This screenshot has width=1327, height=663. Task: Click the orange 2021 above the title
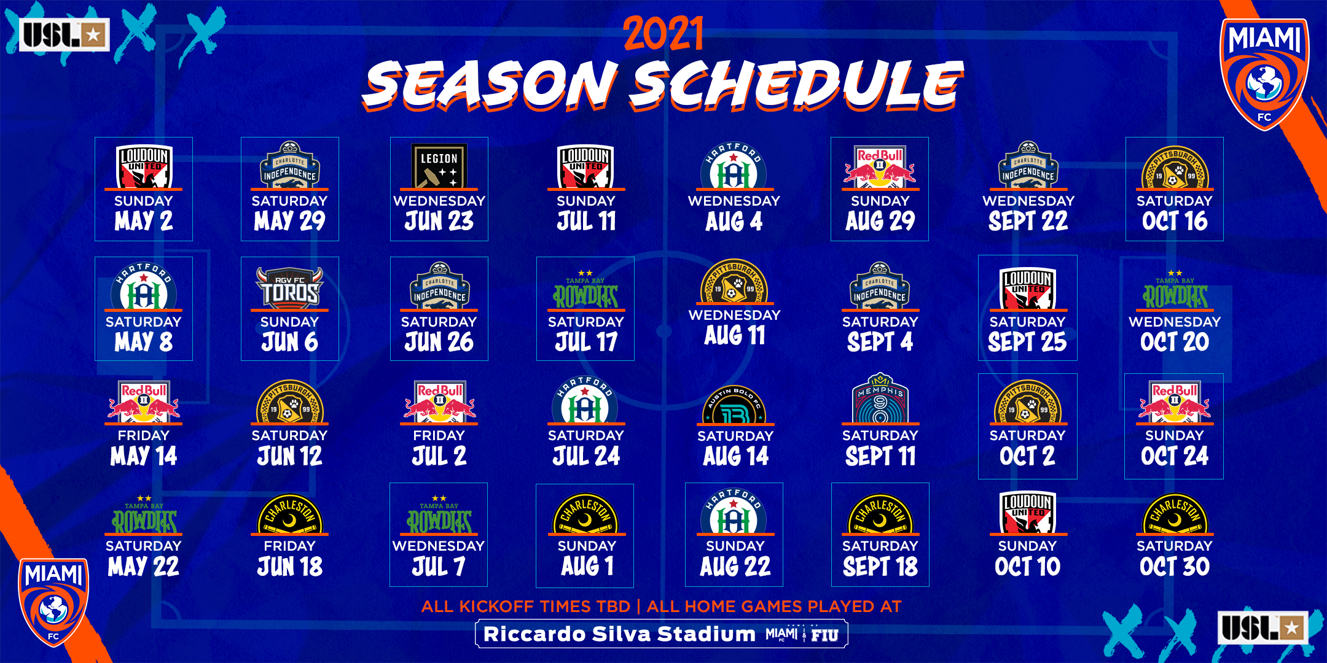pyautogui.click(x=663, y=33)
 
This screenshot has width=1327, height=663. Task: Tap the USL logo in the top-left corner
pyautogui.click(x=65, y=35)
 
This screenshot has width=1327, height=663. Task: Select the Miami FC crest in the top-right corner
pyautogui.click(x=1264, y=74)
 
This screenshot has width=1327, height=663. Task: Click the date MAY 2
pyautogui.click(x=144, y=221)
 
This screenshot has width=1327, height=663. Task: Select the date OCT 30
pyautogui.click(x=1175, y=567)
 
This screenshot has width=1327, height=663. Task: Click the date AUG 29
pyautogui.click(x=880, y=221)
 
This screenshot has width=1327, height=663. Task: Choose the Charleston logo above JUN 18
pyautogui.click(x=289, y=514)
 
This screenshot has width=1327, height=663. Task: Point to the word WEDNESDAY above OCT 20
pyautogui.click(x=1175, y=322)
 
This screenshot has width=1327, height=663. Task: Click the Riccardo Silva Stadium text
pyautogui.click(x=619, y=634)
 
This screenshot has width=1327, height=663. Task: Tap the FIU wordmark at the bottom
pyautogui.click(x=824, y=635)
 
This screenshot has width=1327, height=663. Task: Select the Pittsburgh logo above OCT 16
pyautogui.click(x=1175, y=167)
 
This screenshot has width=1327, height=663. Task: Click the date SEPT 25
pyautogui.click(x=1027, y=342)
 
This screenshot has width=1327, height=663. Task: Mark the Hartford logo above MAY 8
pyautogui.click(x=144, y=286)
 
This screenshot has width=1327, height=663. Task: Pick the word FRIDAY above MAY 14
pyautogui.click(x=144, y=436)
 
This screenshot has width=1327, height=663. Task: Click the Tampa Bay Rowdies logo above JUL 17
pyautogui.click(x=585, y=290)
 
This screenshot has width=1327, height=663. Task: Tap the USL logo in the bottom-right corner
pyautogui.click(x=1262, y=627)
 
